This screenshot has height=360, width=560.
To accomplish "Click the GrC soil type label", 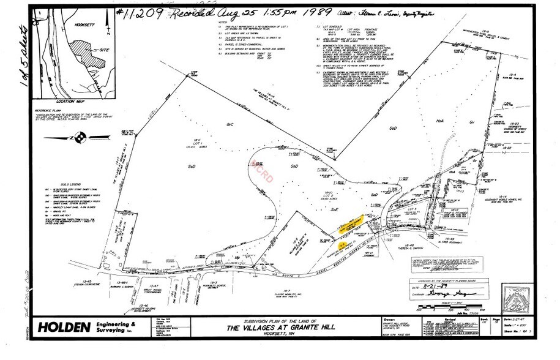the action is coord(230,124).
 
